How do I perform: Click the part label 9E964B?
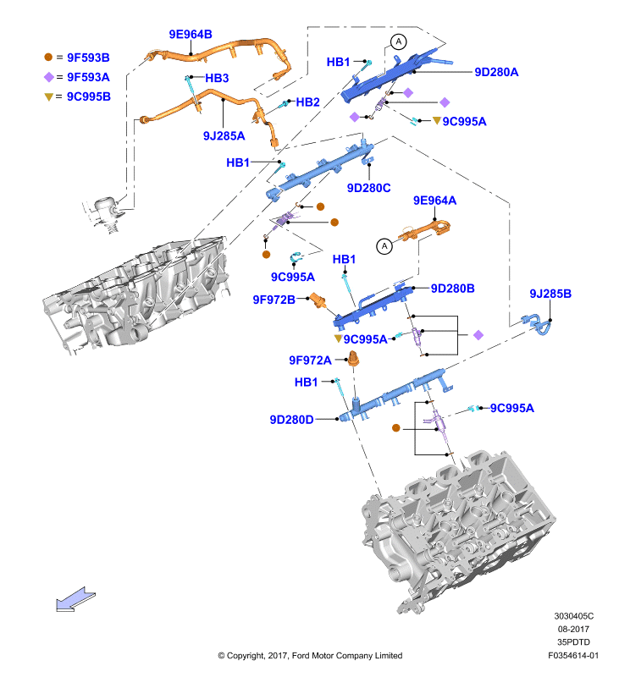191,34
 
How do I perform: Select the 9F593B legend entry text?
88,58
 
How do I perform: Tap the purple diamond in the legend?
49,77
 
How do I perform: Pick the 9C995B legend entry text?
89,96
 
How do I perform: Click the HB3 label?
217,78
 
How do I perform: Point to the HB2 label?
307,102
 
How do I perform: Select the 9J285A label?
224,136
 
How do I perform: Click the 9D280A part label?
496,72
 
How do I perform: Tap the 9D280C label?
369,188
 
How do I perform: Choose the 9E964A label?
434,201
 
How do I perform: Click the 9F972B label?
274,300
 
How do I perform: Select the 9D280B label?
453,288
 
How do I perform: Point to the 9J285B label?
550,294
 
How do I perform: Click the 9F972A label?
310,361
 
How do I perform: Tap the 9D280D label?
291,420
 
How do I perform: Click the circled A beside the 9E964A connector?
384,246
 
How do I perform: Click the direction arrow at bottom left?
75,599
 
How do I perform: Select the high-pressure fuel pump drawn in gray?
104,214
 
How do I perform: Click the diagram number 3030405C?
573,616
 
